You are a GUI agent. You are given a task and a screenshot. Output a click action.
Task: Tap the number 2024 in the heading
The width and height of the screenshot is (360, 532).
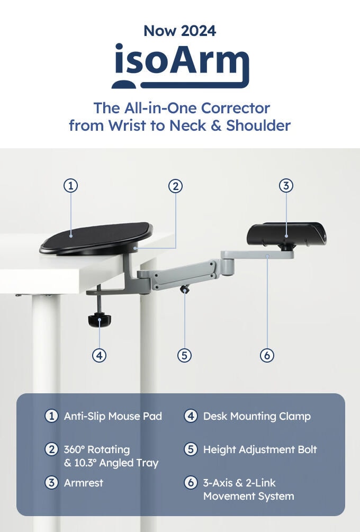click(199, 31)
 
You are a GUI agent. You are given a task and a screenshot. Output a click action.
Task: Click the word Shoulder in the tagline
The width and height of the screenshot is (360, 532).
click(258, 125)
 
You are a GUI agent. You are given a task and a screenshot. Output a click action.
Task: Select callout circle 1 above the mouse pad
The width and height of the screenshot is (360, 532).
click(70, 186)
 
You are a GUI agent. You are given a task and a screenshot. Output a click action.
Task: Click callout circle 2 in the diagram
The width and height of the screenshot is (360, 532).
click(175, 186)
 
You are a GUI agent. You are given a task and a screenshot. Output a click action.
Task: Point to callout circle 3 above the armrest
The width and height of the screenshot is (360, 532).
click(286, 186)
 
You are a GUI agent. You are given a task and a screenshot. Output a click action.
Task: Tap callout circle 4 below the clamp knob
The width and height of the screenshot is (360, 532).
click(99, 355)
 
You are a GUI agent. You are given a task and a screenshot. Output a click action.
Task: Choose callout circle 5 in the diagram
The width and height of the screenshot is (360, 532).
click(185, 355)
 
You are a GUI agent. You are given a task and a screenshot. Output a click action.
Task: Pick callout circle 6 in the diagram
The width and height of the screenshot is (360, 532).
click(267, 355)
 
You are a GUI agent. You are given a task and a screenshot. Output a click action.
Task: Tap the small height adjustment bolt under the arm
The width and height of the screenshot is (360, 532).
click(185, 290)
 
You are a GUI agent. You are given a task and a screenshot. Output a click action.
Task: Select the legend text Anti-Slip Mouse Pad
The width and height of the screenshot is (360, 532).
click(113, 416)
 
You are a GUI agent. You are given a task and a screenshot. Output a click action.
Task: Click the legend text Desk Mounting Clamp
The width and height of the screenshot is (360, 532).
click(257, 416)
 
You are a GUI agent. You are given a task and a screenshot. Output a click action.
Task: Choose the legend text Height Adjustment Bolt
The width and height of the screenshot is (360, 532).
click(260, 449)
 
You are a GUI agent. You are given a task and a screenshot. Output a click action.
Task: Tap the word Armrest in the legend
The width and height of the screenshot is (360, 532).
click(84, 483)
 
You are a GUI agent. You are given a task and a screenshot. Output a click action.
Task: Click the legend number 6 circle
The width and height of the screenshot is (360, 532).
click(191, 483)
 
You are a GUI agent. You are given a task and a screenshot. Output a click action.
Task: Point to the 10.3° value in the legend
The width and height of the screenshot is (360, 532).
click(86, 463)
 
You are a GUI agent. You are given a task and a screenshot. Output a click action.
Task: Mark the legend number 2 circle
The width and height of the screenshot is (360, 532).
click(51, 449)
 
